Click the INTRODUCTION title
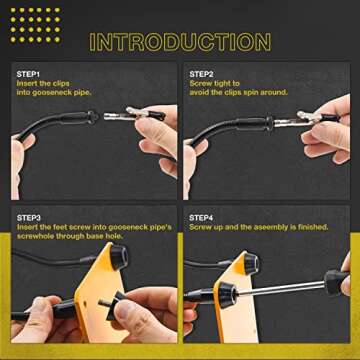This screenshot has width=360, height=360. point(180,42)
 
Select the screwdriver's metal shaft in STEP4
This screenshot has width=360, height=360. point(290,291)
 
